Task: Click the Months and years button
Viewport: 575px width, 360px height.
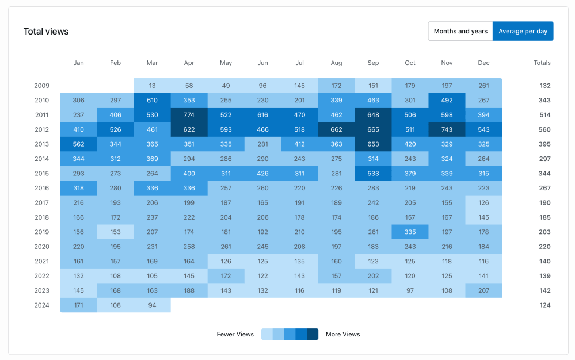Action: pyautogui.click(x=460, y=31)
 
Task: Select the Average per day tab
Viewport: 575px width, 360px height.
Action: pyautogui.click(x=523, y=31)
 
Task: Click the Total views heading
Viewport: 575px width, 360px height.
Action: pyautogui.click(x=46, y=32)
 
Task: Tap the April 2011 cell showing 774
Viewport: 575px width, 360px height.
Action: pyautogui.click(x=189, y=115)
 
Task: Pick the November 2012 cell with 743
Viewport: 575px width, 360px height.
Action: pyautogui.click(x=447, y=129)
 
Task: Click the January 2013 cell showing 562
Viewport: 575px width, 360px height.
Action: pyautogui.click(x=79, y=144)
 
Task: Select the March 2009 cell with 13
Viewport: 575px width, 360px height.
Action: pyautogui.click(x=153, y=86)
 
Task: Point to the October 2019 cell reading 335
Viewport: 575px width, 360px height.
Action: pyautogui.click(x=410, y=232)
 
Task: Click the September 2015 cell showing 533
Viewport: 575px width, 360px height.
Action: pyautogui.click(x=373, y=174)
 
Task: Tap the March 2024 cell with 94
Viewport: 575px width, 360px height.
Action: pyautogui.click(x=153, y=305)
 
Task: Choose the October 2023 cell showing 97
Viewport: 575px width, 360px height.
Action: pyautogui.click(x=410, y=291)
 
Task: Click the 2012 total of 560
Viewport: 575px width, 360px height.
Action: pyautogui.click(x=545, y=129)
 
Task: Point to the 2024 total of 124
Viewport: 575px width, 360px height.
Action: pyautogui.click(x=545, y=305)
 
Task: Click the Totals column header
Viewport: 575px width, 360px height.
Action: pyautogui.click(x=542, y=63)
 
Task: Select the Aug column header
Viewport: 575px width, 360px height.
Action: pyautogui.click(x=337, y=63)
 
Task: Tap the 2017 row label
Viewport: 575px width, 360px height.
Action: pyautogui.click(x=41, y=203)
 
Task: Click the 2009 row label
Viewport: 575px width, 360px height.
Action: pyautogui.click(x=41, y=86)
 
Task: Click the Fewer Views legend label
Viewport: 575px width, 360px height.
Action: pyautogui.click(x=235, y=334)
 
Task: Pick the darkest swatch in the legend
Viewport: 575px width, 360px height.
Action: pyautogui.click(x=313, y=334)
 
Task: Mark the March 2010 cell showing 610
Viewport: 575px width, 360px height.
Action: pyautogui.click(x=153, y=100)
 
